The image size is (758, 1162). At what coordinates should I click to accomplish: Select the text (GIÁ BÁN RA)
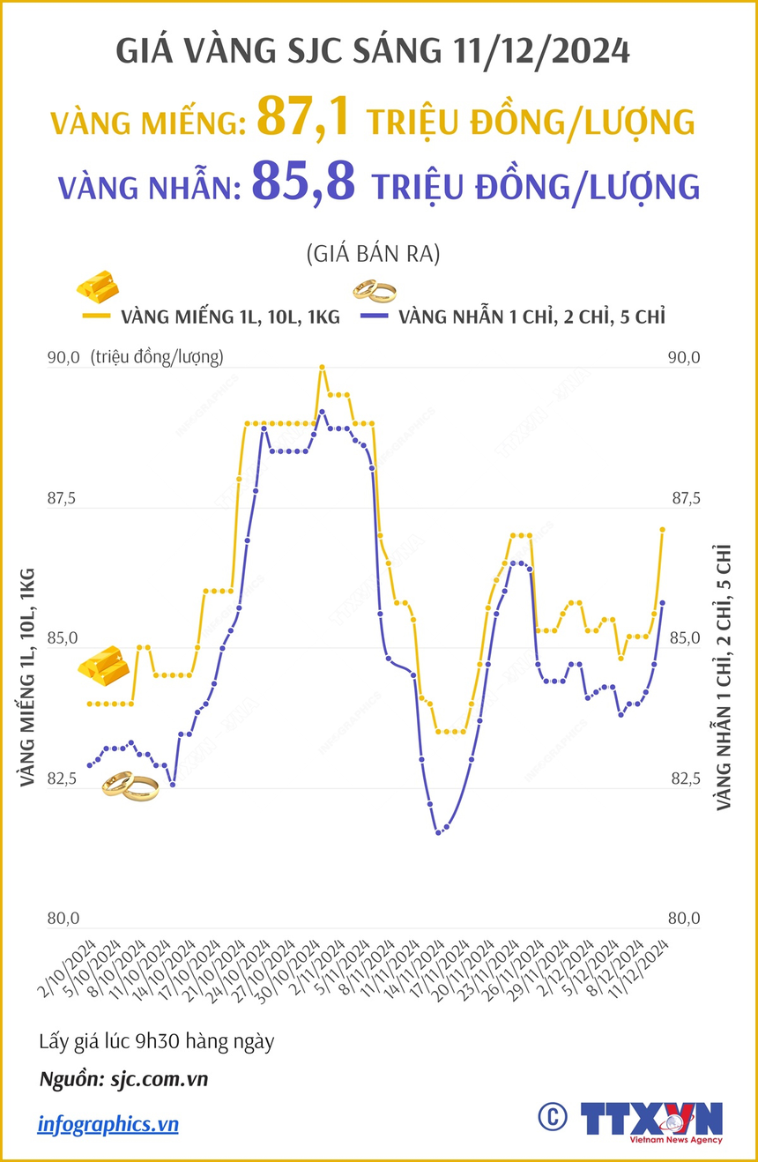[373, 255]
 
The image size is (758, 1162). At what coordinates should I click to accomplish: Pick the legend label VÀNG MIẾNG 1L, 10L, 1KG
[230, 317]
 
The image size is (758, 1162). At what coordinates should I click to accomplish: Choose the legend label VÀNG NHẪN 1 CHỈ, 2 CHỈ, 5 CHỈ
[531, 317]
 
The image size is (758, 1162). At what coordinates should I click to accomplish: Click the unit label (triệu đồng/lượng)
[156, 357]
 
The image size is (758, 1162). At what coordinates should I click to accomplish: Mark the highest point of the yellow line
[323, 367]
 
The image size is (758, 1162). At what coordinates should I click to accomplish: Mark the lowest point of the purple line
[438, 832]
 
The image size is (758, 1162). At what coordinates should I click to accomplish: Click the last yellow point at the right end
[662, 529]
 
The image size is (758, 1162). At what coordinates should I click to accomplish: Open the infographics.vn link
[108, 1124]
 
